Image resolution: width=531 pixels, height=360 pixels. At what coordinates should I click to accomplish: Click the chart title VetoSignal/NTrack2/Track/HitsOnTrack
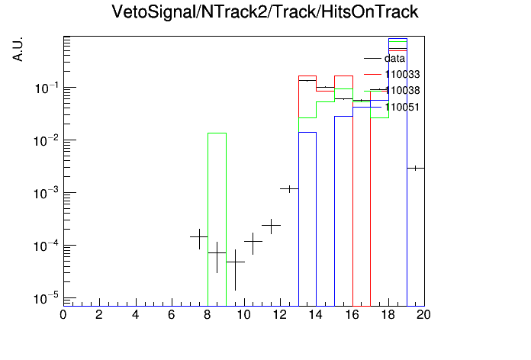pos(265,12)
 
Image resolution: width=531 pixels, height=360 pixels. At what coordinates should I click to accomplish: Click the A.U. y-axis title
pos(18,49)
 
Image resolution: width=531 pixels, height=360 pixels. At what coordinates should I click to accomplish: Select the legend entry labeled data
pos(385,58)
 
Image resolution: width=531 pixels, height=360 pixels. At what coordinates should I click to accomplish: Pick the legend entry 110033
pos(392,74)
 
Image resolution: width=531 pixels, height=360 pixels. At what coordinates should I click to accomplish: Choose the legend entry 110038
pos(392,91)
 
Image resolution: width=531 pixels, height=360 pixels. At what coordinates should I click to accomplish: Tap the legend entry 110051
pos(392,107)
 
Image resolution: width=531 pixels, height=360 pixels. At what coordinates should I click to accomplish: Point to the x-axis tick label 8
pos(207,315)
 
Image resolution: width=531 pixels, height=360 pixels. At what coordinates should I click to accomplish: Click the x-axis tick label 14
pos(315,315)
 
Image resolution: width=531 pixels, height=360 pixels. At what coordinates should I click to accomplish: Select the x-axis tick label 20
pos(423,315)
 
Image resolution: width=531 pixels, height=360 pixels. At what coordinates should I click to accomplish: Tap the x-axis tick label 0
pos(63,315)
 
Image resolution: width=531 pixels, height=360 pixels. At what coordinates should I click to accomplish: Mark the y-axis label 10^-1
pos(46,88)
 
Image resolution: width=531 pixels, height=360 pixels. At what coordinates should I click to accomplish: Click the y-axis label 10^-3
pos(46,194)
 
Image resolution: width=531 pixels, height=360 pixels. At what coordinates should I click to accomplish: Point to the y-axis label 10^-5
pos(46,298)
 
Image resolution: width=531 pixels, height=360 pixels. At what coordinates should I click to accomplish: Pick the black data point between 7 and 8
pos(199,237)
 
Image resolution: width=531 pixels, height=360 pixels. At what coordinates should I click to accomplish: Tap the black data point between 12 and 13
pos(289,188)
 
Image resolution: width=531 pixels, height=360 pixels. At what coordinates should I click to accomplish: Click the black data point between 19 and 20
pos(416,168)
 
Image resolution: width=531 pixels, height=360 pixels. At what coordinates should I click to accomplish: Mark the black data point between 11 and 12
pos(272,225)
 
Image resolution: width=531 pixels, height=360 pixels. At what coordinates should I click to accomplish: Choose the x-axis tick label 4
pos(135,315)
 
